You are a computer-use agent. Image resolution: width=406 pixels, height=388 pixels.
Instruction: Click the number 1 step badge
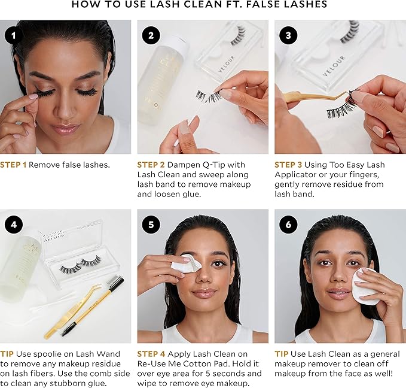13,35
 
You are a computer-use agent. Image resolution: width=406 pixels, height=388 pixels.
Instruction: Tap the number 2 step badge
151,35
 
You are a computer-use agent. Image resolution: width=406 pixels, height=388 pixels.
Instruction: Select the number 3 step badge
288,35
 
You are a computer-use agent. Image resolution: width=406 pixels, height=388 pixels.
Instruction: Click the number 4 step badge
13,225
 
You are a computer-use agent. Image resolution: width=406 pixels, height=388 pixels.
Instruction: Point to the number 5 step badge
151,225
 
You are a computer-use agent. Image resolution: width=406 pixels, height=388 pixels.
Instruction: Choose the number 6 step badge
288,225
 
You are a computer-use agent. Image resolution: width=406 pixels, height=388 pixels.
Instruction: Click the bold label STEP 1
13,165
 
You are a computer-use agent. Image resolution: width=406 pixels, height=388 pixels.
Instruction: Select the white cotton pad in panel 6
364,285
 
